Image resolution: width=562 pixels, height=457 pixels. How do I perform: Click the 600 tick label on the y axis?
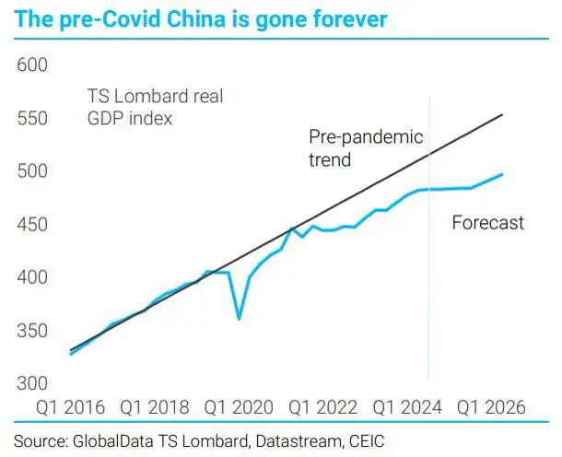click(x=31, y=65)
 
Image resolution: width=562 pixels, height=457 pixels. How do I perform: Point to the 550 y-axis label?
click(x=31, y=119)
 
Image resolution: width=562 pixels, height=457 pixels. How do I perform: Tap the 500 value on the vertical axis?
click(x=31, y=171)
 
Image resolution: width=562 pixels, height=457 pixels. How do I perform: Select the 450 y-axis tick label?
click(x=31, y=225)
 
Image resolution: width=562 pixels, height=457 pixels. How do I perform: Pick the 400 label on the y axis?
click(x=31, y=277)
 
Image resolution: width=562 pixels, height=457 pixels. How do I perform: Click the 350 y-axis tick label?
click(x=31, y=331)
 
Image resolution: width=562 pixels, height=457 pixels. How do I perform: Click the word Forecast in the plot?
click(x=487, y=222)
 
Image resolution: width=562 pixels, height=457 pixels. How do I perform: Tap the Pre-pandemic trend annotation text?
click(x=365, y=147)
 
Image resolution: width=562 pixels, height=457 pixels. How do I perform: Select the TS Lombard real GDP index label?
click(x=155, y=107)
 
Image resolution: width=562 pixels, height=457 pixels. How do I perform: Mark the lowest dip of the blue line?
click(x=240, y=319)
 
